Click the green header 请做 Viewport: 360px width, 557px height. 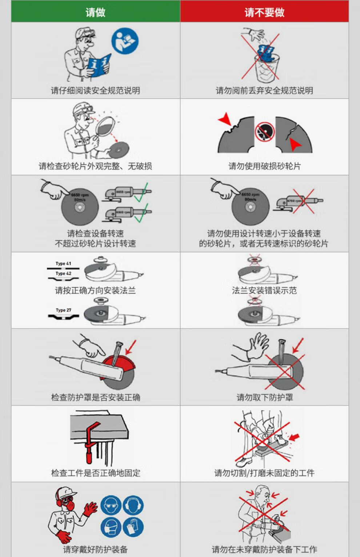coord(95,12)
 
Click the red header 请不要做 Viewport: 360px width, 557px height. coord(264,12)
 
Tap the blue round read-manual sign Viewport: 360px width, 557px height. coord(125,42)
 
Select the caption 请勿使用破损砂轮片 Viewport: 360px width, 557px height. coord(264,166)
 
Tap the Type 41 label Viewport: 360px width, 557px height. coord(63,263)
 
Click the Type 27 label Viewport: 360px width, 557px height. coord(63,310)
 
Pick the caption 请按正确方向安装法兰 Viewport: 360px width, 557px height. coord(95,290)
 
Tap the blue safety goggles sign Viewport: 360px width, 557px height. coord(111,505)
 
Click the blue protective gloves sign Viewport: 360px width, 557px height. coord(133,527)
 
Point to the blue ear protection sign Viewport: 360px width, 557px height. coord(133,505)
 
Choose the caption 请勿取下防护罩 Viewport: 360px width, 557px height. coord(264,397)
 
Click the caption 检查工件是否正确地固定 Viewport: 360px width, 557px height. coord(95,473)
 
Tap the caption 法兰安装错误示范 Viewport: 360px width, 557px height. coord(264,290)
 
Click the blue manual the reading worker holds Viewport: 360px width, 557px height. coord(99,65)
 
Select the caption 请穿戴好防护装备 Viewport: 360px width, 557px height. coord(95,549)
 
